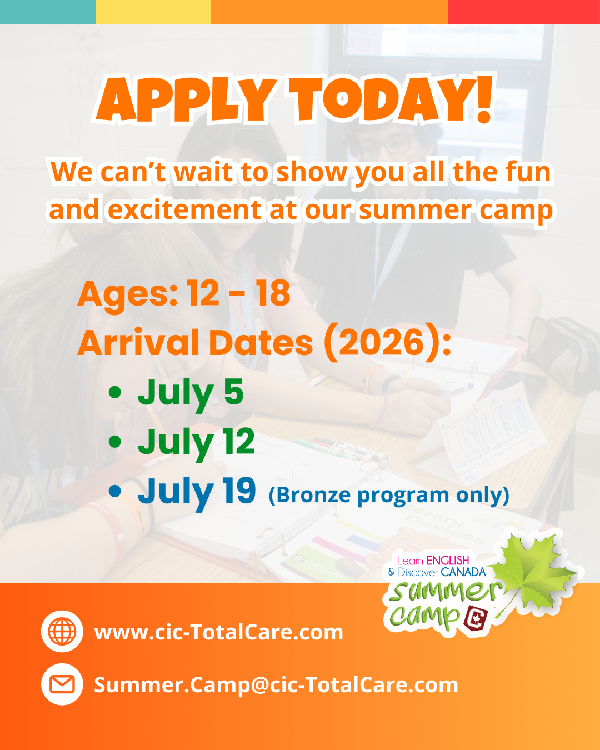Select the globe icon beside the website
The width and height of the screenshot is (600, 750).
pos(62,631)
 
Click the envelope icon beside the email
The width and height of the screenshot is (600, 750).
pos(62,684)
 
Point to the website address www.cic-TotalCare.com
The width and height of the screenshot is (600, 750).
pos(218,632)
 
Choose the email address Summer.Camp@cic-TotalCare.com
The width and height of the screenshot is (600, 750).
pos(276,685)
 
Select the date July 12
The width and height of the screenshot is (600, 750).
pos(196,443)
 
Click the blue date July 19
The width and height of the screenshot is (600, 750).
pos(197,493)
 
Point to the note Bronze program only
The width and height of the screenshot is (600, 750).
pos(389,495)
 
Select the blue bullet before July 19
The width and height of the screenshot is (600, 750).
pos(114,491)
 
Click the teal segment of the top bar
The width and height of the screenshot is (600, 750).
pos(48,12)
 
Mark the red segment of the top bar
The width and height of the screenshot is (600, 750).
pos(524,12)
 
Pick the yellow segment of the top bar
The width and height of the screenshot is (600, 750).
pos(153,12)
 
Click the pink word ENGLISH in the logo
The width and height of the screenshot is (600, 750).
pos(448,561)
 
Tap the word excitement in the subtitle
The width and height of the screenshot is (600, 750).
pos(184,210)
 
